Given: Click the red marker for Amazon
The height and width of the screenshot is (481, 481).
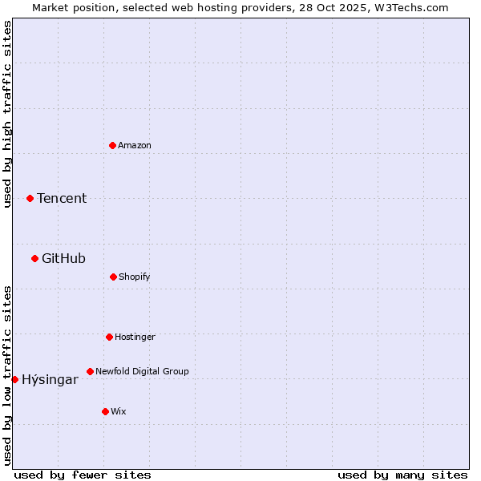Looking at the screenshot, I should [112, 145].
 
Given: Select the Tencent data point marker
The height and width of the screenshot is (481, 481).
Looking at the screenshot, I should [30, 198].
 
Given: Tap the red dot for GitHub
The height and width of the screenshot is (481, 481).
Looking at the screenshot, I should [34, 258].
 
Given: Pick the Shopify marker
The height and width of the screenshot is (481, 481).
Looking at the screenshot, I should [113, 277].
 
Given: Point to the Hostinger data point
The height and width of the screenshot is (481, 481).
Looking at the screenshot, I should [109, 337].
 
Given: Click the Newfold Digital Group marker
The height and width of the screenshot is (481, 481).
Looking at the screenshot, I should [90, 371].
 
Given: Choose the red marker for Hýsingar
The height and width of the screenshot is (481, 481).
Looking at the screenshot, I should [14, 379].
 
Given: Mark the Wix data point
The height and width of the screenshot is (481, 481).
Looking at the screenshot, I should [105, 411].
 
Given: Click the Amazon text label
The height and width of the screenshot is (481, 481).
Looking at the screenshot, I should [135, 145].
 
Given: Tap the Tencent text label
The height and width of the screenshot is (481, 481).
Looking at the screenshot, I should [62, 199].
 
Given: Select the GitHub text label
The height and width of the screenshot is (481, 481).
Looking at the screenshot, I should [63, 258].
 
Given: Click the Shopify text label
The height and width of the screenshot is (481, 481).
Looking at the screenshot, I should [135, 277].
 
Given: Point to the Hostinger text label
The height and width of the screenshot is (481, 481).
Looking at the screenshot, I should [135, 337].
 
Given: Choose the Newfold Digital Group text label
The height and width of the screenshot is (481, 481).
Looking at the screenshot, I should [142, 371].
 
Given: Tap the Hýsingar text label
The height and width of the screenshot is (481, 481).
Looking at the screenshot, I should [50, 380].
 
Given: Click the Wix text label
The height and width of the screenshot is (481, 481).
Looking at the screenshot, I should [119, 411].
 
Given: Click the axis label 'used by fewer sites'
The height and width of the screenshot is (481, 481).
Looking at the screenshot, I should [83, 475].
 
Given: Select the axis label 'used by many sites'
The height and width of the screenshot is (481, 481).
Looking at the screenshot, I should [402, 475].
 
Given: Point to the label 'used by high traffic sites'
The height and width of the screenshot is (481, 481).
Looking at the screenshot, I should [7, 114].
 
